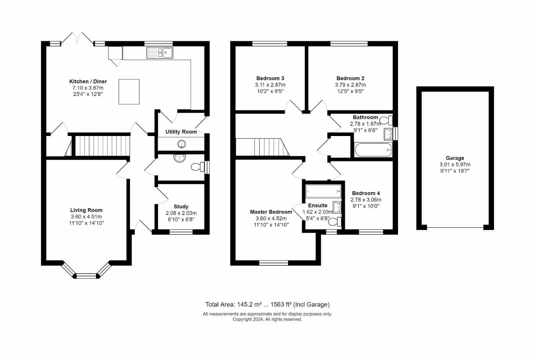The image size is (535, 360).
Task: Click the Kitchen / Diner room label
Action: point(88,81)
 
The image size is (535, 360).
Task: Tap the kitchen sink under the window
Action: point(160,53)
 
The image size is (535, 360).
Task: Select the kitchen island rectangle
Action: point(129,92)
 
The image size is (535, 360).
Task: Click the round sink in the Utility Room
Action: point(182,144)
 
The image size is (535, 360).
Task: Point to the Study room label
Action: point(181,207)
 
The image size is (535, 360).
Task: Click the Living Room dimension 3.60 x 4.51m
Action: point(86,217)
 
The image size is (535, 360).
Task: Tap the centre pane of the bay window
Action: point(86,276)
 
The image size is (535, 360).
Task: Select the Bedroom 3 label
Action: point(270,78)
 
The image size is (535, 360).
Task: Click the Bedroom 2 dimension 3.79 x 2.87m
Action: point(350,85)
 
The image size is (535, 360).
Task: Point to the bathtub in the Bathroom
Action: point(373,150)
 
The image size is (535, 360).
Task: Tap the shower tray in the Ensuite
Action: point(323,191)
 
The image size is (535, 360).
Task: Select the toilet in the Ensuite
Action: point(335,222)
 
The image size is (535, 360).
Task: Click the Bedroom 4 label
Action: point(366,193)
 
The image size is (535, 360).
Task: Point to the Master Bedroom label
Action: point(271,212)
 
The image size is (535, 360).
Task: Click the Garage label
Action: point(455,158)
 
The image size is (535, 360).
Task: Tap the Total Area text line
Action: point(267,305)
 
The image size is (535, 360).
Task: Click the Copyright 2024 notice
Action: point(267,319)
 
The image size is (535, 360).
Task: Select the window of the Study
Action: point(181,232)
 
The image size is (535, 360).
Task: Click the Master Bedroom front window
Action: point(273,263)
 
